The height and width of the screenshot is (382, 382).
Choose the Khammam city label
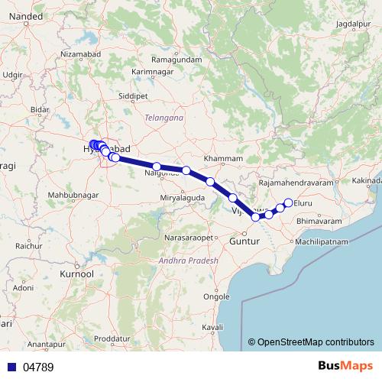click(223, 158)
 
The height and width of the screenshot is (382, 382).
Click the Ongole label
click(219, 296)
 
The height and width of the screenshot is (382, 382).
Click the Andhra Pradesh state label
click(188, 261)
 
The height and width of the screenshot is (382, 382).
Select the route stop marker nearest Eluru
click(288, 202)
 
